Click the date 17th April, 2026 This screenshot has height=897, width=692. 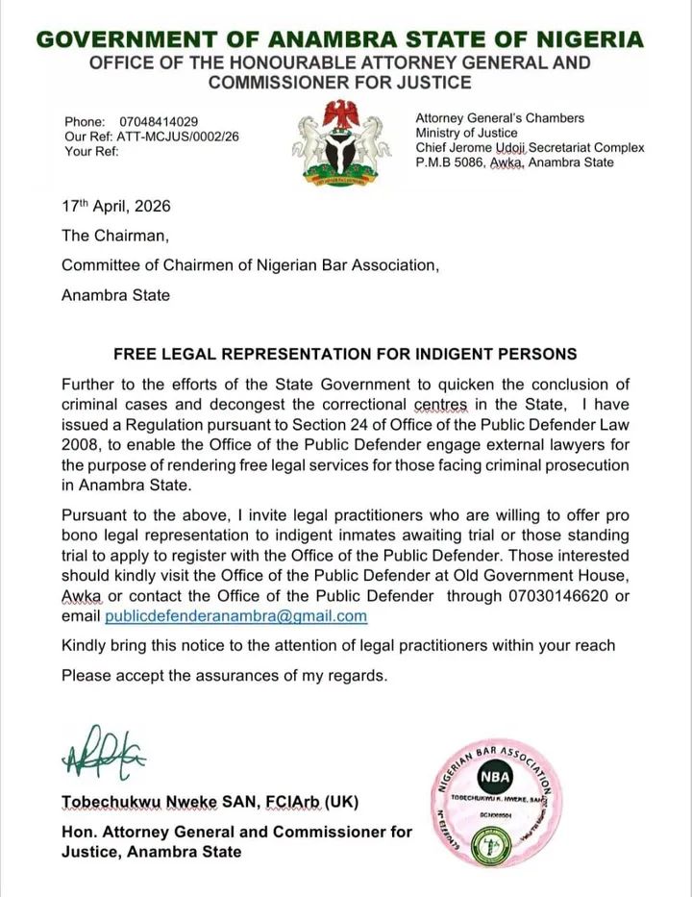(x=116, y=207)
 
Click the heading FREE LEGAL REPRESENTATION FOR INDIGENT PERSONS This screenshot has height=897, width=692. (x=345, y=353)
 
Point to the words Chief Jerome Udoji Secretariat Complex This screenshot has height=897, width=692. (x=530, y=148)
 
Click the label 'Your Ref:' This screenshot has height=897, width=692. (x=92, y=151)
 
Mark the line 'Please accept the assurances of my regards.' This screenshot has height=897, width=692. (x=225, y=675)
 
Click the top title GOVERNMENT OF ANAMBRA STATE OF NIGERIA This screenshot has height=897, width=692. (x=339, y=39)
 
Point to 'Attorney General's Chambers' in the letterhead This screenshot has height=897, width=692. (x=500, y=118)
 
